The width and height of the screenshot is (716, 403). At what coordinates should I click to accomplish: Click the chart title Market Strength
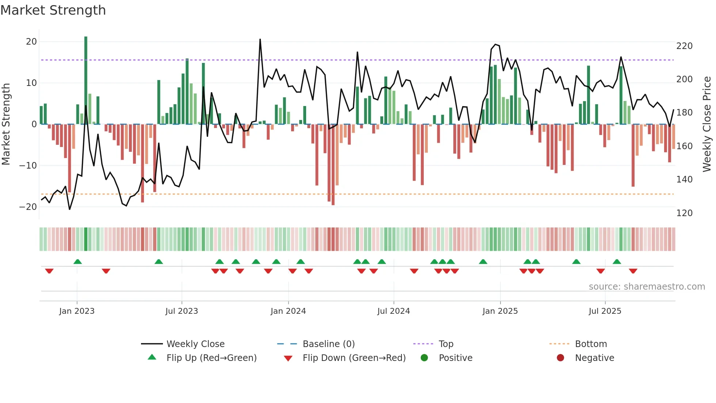53,10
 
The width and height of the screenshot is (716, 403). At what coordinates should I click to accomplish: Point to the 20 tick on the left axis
31,42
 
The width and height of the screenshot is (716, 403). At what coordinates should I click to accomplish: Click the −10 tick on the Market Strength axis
28,166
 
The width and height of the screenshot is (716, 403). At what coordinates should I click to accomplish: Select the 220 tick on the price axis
684,46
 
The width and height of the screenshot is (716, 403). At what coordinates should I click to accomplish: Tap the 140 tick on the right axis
684,180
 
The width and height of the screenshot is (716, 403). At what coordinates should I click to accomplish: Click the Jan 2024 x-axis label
288,311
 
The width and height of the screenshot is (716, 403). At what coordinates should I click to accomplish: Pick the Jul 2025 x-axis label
605,311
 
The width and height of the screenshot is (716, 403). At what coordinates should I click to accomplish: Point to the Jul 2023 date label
182,311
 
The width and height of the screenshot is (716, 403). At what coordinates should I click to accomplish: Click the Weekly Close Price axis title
707,124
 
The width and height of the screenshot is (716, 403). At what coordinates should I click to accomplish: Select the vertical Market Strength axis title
6,124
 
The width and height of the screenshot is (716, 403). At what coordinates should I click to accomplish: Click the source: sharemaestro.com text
647,287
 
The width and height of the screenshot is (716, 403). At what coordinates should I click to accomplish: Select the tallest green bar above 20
86,80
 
